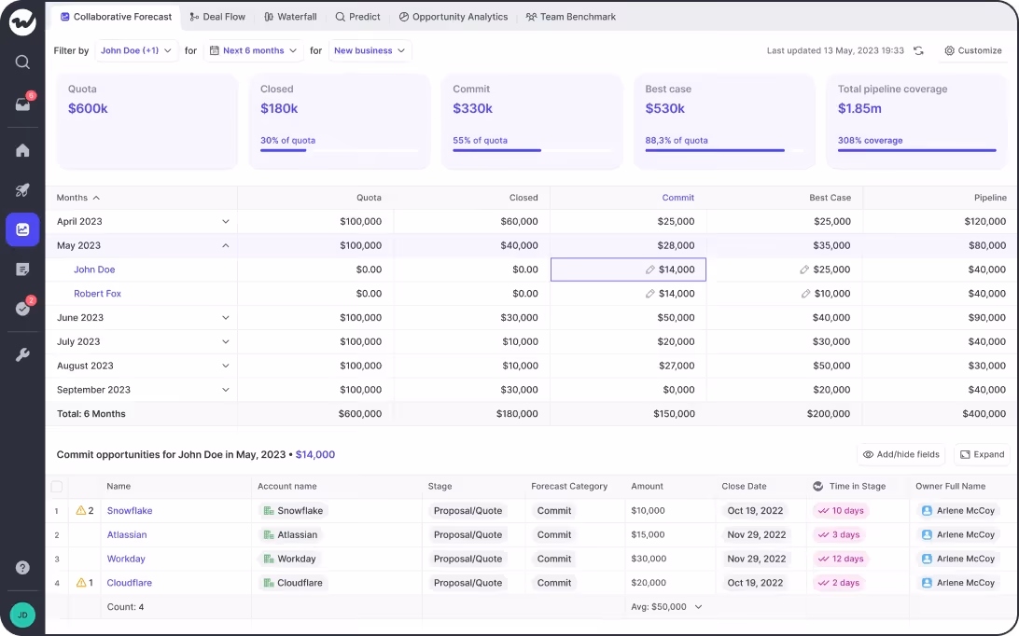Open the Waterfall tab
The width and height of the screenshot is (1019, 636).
[x=290, y=17]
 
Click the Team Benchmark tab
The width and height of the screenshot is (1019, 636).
[x=570, y=17]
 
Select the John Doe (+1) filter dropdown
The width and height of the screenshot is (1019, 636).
[x=136, y=50]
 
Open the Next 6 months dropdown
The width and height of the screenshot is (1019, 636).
[x=253, y=50]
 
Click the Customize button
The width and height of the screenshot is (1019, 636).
[x=972, y=50]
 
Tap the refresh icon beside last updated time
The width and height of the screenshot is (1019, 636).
[x=918, y=50]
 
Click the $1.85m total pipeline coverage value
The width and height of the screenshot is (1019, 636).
[x=859, y=108]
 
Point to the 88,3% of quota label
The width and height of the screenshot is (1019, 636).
[x=677, y=141]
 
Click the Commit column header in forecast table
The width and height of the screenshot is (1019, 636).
[x=677, y=198]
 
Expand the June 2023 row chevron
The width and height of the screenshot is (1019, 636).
[x=225, y=318]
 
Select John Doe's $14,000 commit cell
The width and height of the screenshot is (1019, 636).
[x=628, y=270]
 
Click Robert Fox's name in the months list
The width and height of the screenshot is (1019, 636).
[x=97, y=294]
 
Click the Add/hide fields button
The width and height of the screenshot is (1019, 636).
[x=900, y=455]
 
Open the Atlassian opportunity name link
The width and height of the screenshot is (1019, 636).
[x=127, y=535]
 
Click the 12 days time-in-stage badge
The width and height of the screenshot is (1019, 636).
[x=841, y=560]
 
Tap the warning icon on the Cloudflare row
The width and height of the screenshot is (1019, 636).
[x=81, y=583]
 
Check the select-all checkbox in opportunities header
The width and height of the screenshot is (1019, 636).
[x=57, y=487]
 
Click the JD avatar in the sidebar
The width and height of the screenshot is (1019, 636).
[x=22, y=615]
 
